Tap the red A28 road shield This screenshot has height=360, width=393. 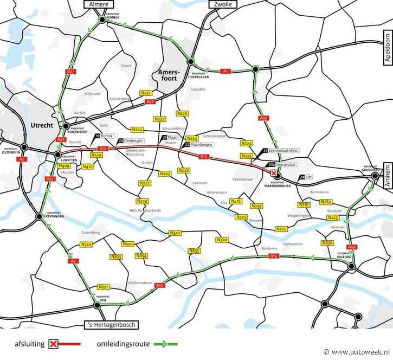point(151,101)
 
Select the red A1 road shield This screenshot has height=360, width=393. point(226,71)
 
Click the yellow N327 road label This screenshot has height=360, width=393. point(104,286)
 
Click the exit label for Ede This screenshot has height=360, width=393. point(306,177)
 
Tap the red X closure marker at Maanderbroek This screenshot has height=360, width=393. point(274,172)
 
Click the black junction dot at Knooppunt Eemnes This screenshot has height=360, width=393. point(101,20)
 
